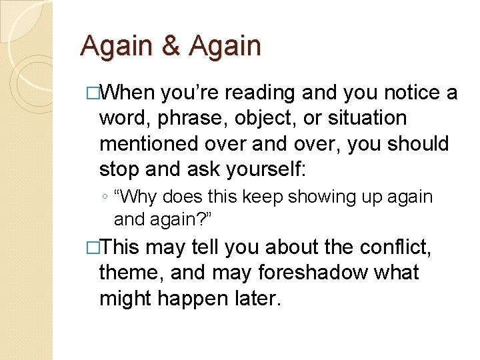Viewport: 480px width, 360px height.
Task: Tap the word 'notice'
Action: (x=405, y=93)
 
